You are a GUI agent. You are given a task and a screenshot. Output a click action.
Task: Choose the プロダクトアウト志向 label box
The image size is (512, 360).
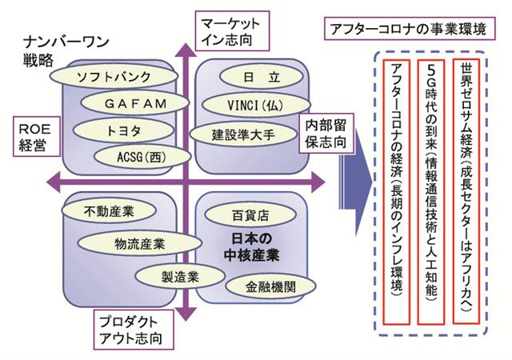pyautogui.click(x=133, y=329)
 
